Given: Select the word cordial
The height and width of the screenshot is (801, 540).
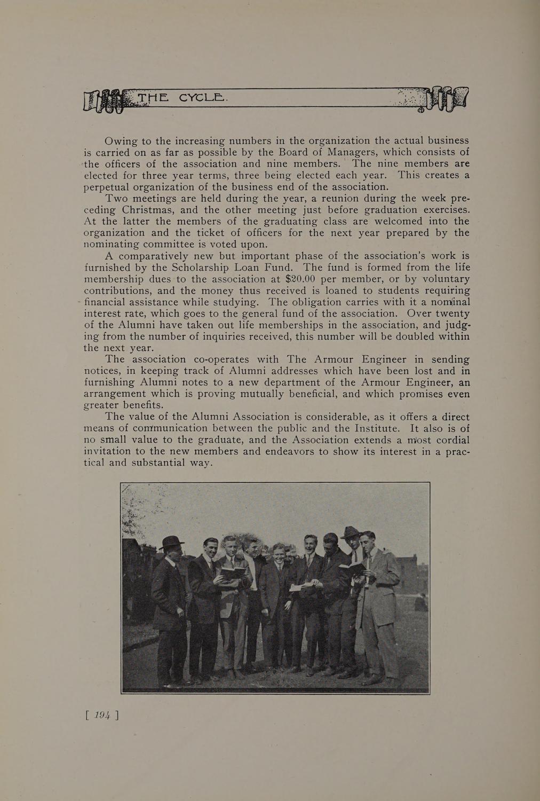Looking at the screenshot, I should point(446,440).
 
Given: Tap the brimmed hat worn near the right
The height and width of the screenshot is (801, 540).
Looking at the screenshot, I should point(351,532).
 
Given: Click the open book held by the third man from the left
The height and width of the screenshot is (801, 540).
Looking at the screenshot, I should point(234,572).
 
